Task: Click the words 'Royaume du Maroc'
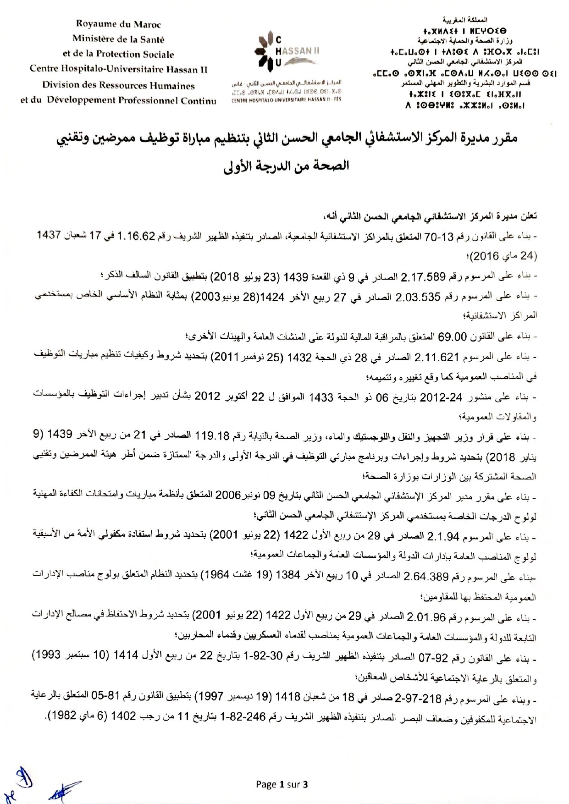[x=118, y=24]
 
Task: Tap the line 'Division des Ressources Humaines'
[x=118, y=86]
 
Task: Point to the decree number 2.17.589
[x=423, y=277]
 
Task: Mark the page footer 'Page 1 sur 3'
[x=282, y=784]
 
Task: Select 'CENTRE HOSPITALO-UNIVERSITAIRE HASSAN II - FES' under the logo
[x=287, y=99]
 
